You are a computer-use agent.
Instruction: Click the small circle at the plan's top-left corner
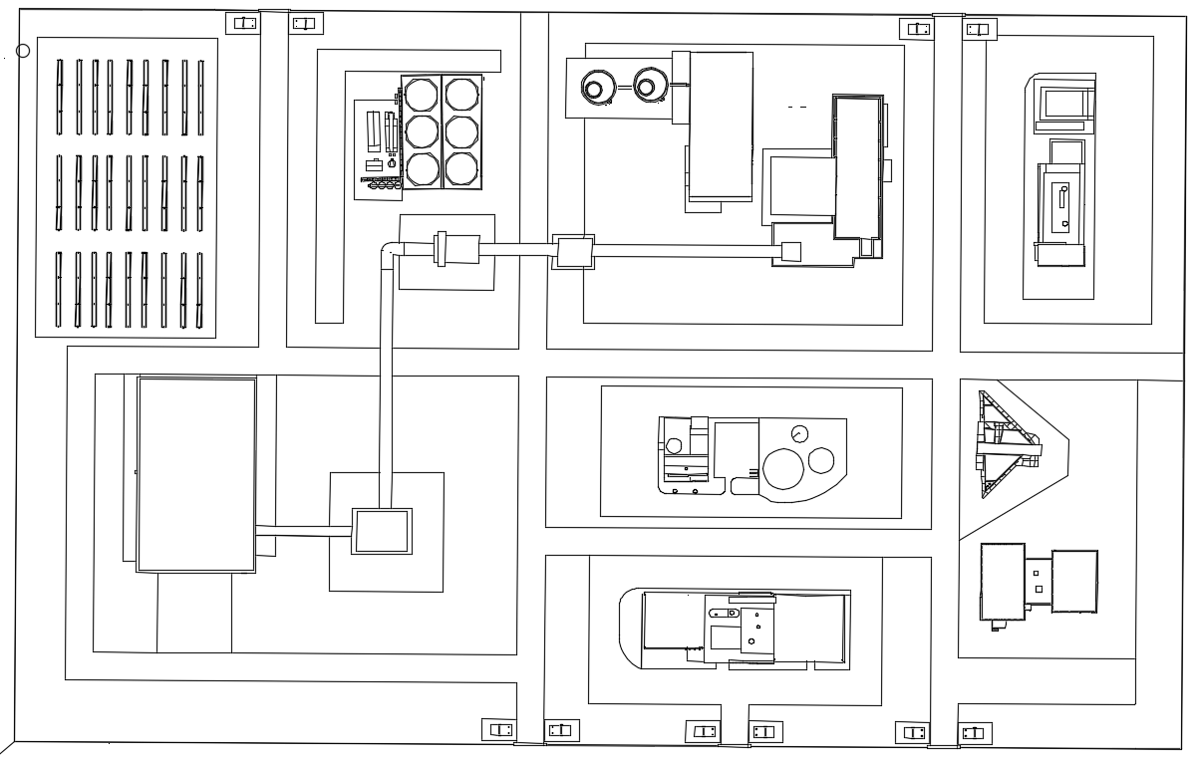coord(23,51)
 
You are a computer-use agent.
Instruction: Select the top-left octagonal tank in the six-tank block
coord(421,95)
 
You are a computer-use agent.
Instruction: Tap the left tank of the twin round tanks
coord(596,88)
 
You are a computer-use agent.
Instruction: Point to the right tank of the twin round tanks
coord(650,86)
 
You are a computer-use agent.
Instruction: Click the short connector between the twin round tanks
coord(623,88)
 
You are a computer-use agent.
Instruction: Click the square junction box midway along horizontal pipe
coord(573,252)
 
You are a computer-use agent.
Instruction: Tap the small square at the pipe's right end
coord(791,252)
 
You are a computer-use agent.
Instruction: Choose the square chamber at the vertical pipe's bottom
coord(382,531)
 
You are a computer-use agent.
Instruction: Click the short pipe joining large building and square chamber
coord(303,531)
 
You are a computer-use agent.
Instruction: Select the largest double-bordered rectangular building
coord(196,474)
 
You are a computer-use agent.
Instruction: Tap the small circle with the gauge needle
coord(798,433)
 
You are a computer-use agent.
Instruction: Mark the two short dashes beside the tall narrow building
coord(796,106)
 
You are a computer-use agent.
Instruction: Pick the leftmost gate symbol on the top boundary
coord(242,23)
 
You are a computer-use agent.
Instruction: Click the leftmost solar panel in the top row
coord(60,97)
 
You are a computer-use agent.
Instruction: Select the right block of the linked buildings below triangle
coord(1073,581)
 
